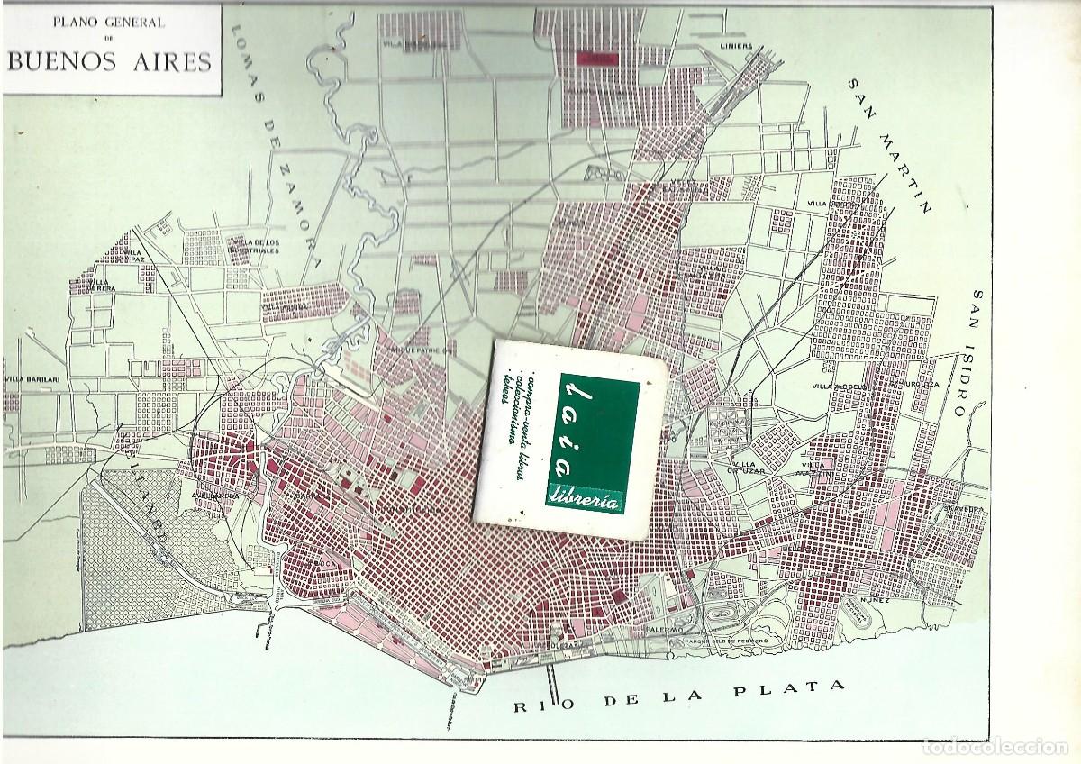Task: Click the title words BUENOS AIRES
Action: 110,61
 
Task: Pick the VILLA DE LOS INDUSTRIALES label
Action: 255,246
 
